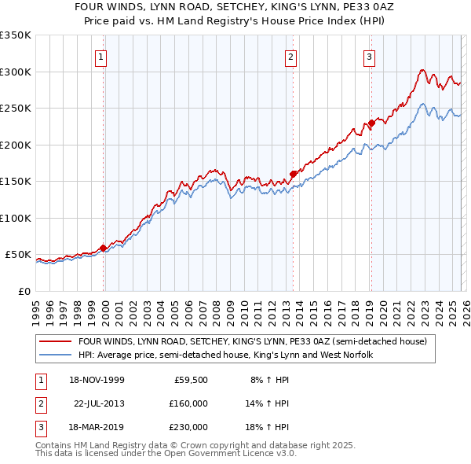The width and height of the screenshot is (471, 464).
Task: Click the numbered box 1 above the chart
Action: point(103,57)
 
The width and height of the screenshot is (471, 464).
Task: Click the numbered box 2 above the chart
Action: point(291,57)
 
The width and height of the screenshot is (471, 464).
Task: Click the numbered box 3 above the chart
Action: point(369,57)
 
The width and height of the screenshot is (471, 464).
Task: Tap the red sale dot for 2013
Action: point(293,174)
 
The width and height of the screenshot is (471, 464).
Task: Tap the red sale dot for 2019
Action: point(371,123)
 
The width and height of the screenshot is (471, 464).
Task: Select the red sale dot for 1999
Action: point(104,248)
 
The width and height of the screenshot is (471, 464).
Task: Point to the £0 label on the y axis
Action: point(24,291)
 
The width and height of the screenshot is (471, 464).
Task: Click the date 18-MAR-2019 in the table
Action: point(95,427)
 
